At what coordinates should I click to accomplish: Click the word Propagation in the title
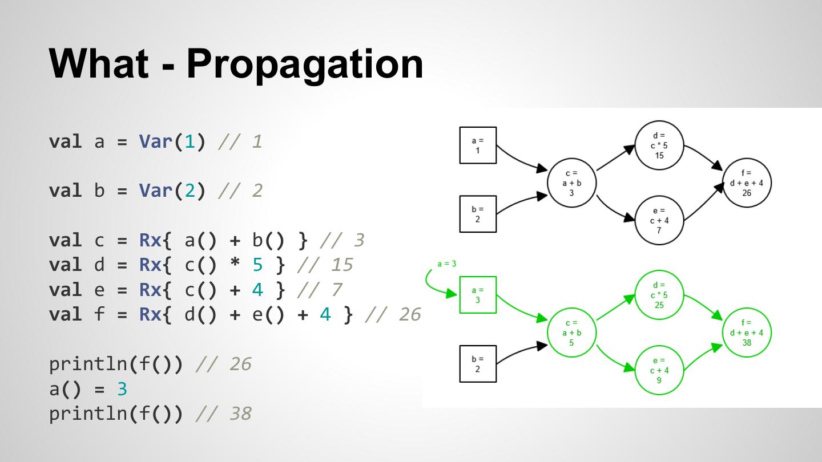point(305,65)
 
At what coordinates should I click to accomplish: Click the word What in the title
point(99,63)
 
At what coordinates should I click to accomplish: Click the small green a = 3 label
point(446,264)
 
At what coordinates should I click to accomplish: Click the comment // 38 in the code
point(224,413)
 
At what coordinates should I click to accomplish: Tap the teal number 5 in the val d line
point(257,265)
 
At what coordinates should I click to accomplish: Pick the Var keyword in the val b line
point(156,191)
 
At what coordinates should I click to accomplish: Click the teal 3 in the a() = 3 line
point(122,388)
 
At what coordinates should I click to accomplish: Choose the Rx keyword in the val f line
point(150,314)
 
